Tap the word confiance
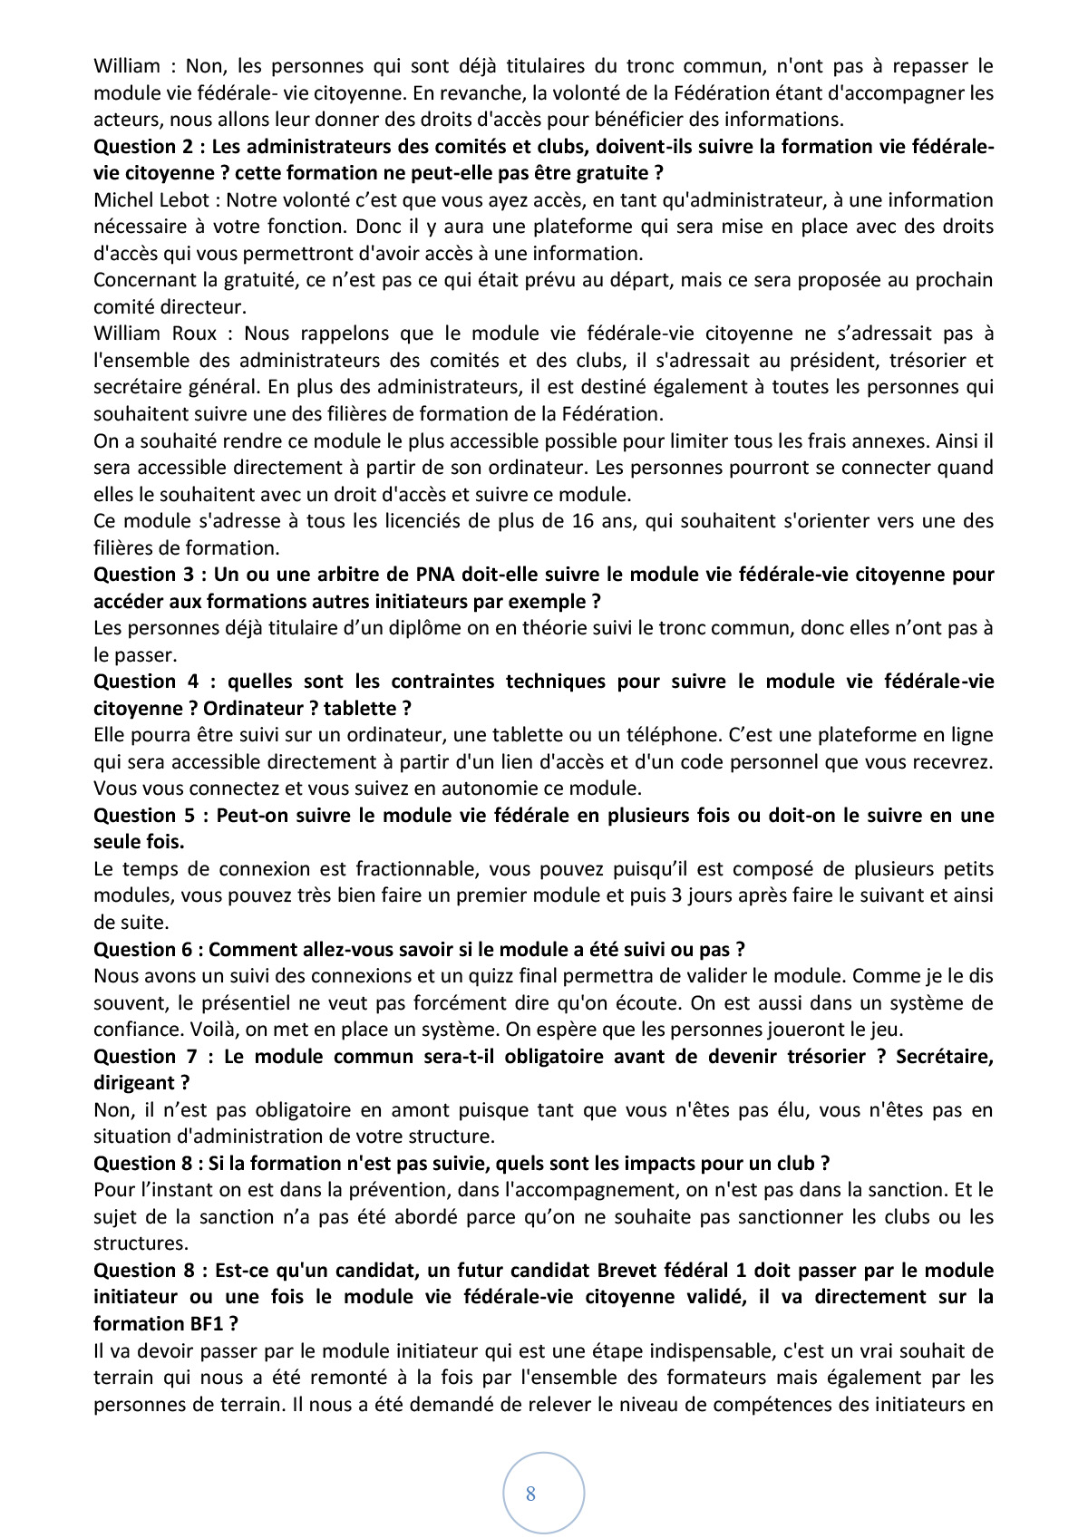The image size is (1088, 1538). (x=135, y=1030)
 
